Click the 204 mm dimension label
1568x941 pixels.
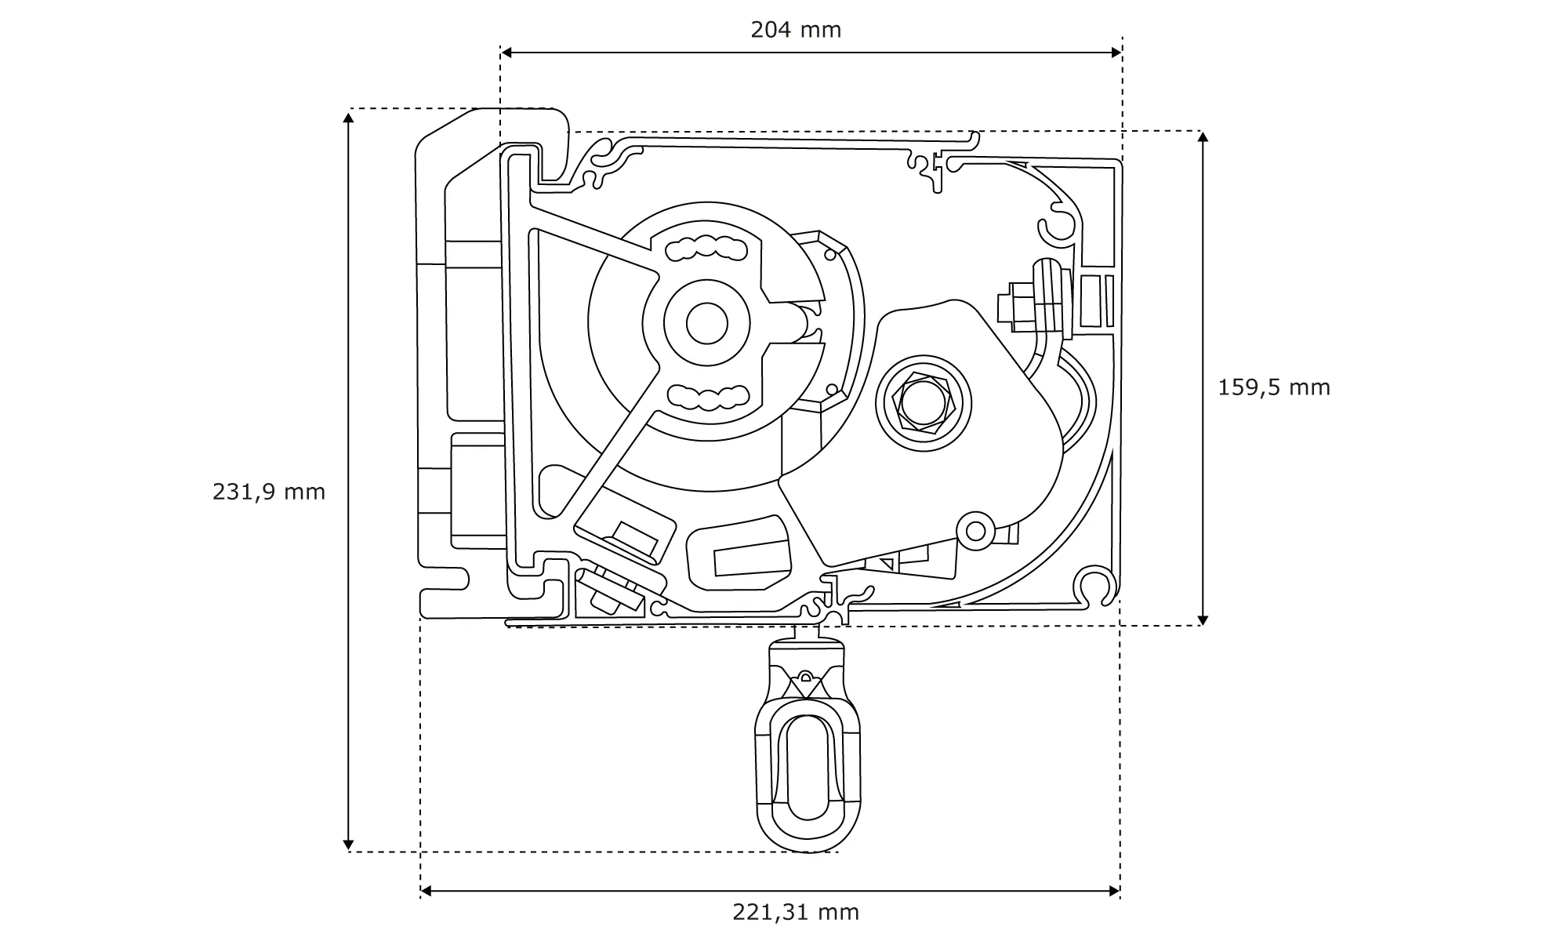(x=795, y=30)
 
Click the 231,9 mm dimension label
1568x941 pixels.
(x=269, y=492)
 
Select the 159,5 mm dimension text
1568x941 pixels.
(x=1274, y=387)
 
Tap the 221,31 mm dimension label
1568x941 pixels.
(x=796, y=912)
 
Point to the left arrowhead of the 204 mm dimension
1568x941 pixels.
(x=506, y=53)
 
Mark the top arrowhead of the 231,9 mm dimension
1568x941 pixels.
(x=349, y=117)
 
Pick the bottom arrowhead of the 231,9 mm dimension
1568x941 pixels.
(x=349, y=845)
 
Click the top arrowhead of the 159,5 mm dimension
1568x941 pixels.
(x=1203, y=137)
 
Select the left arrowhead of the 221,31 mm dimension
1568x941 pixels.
(x=426, y=891)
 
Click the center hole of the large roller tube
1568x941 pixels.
(x=707, y=322)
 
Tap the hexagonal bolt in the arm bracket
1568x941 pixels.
(x=923, y=403)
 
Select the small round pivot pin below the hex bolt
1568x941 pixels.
(x=976, y=531)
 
